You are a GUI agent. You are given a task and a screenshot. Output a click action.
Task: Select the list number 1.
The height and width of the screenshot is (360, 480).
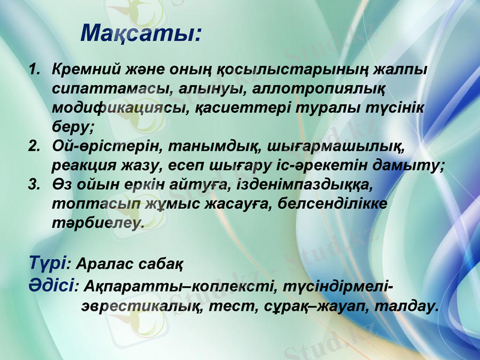click(35, 69)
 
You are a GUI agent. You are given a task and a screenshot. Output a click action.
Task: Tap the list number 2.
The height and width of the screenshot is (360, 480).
click(35, 146)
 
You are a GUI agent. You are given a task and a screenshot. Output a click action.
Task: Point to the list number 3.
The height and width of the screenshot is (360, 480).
click(35, 184)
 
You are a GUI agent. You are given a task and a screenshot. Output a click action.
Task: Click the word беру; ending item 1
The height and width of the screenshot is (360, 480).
click(73, 127)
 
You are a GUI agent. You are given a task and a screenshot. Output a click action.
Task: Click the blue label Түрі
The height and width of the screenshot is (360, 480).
click(49, 262)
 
